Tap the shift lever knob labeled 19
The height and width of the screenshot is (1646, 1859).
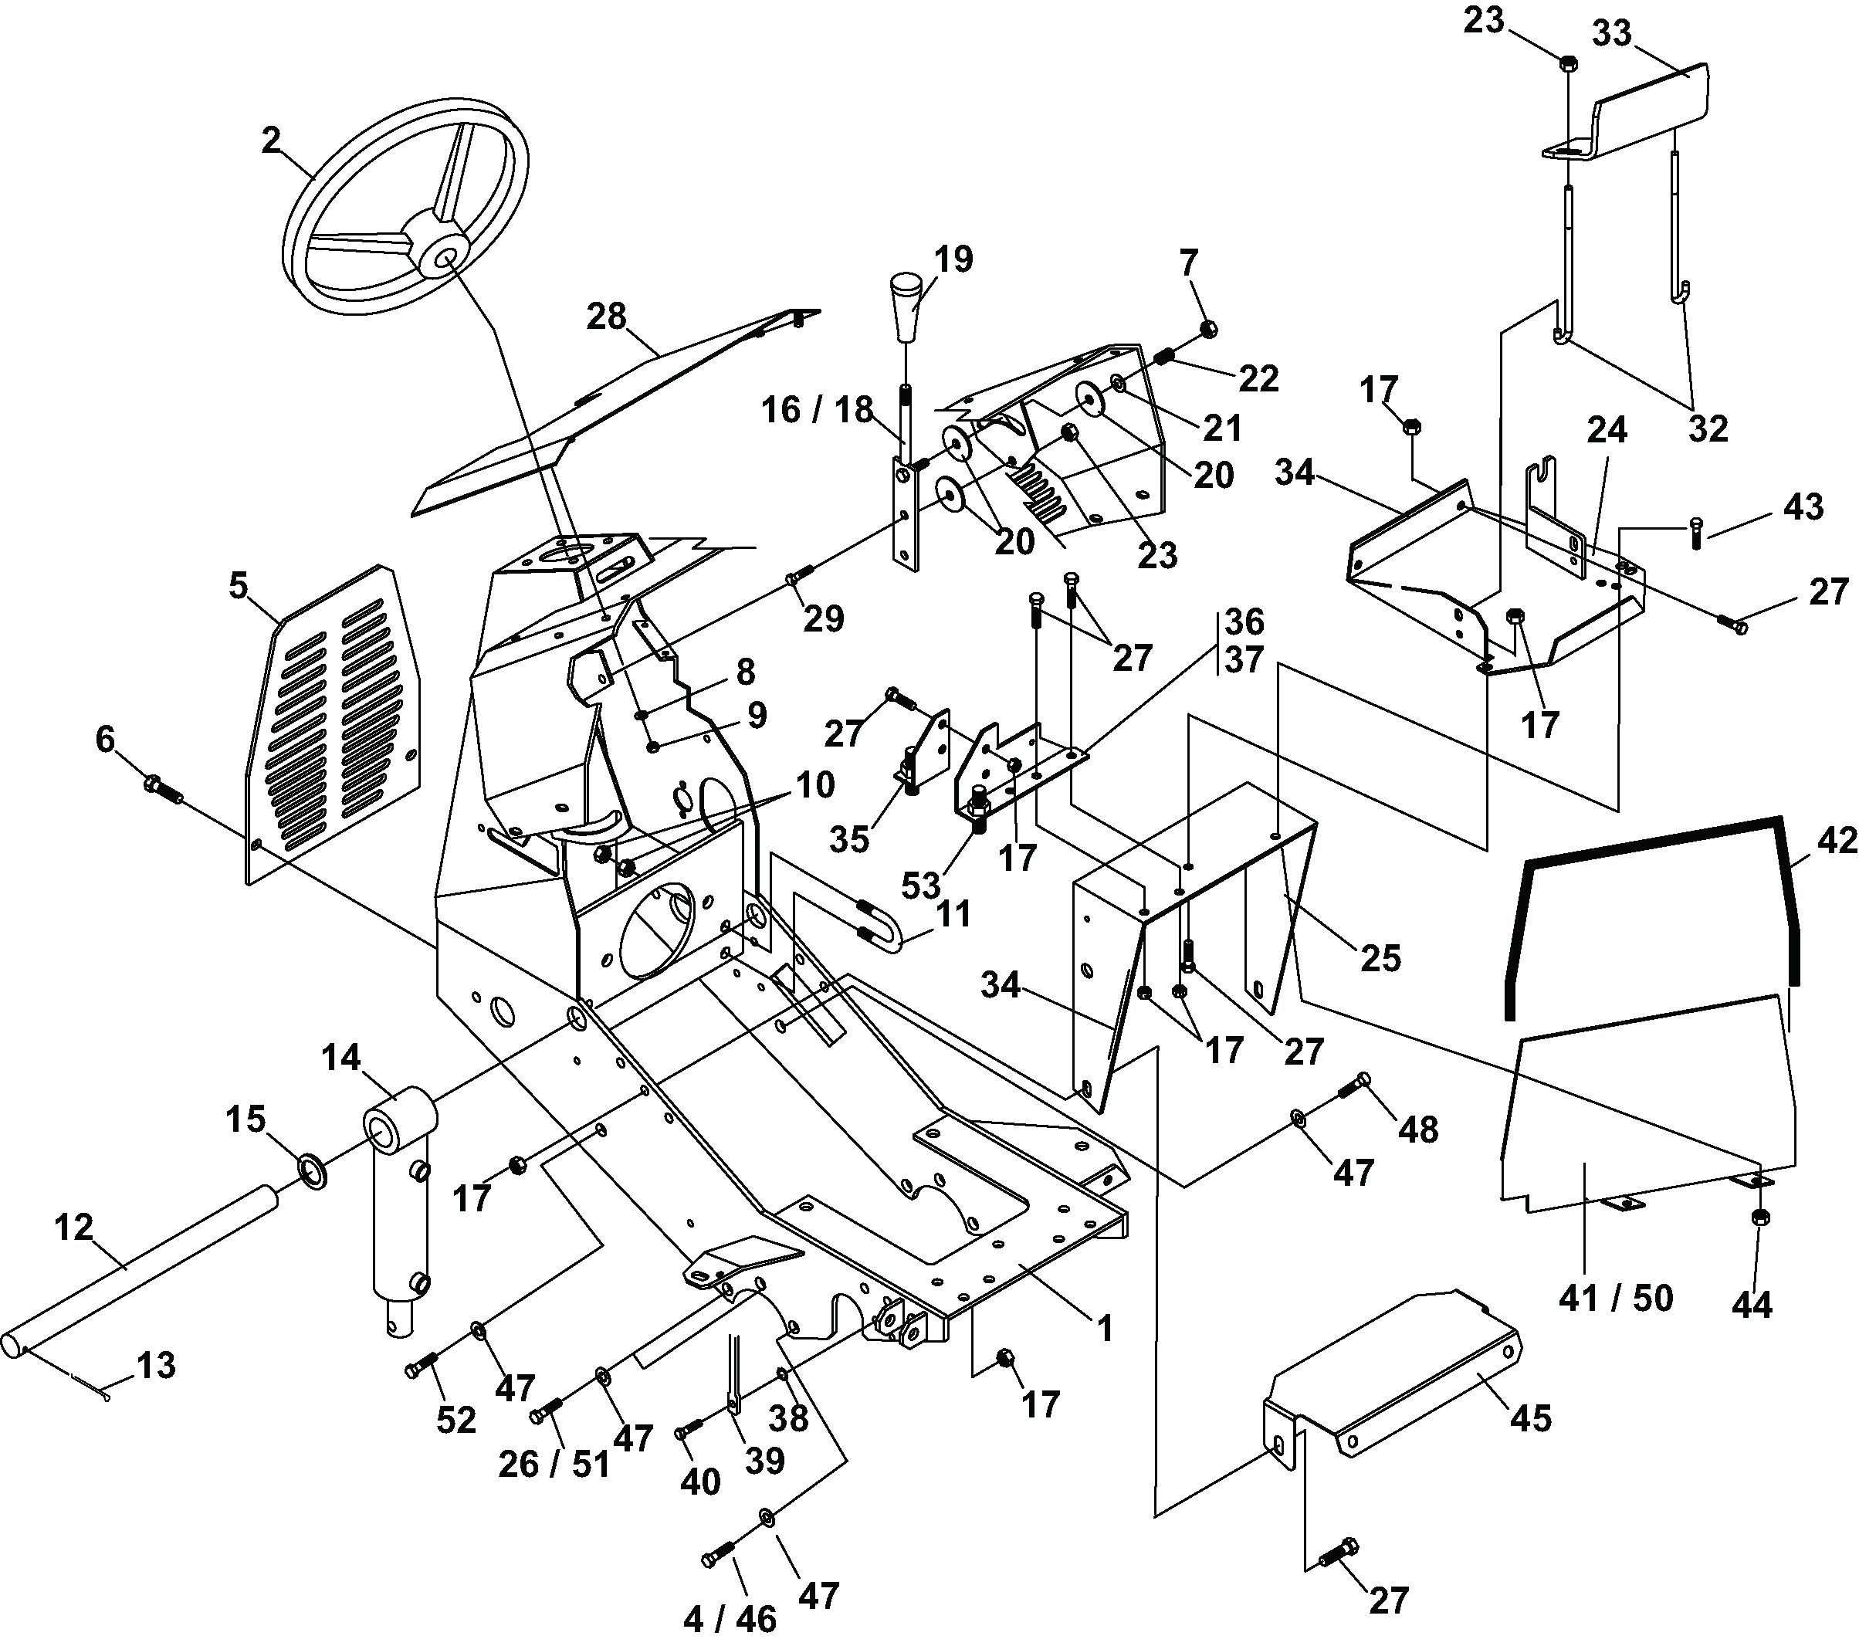point(907,303)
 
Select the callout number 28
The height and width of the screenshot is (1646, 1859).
point(607,317)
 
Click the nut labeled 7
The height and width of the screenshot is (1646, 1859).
point(1210,329)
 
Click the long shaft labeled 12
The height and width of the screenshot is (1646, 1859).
point(145,1273)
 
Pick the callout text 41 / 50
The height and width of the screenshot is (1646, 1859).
point(1615,1298)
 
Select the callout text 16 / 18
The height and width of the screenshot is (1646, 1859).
point(817,410)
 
